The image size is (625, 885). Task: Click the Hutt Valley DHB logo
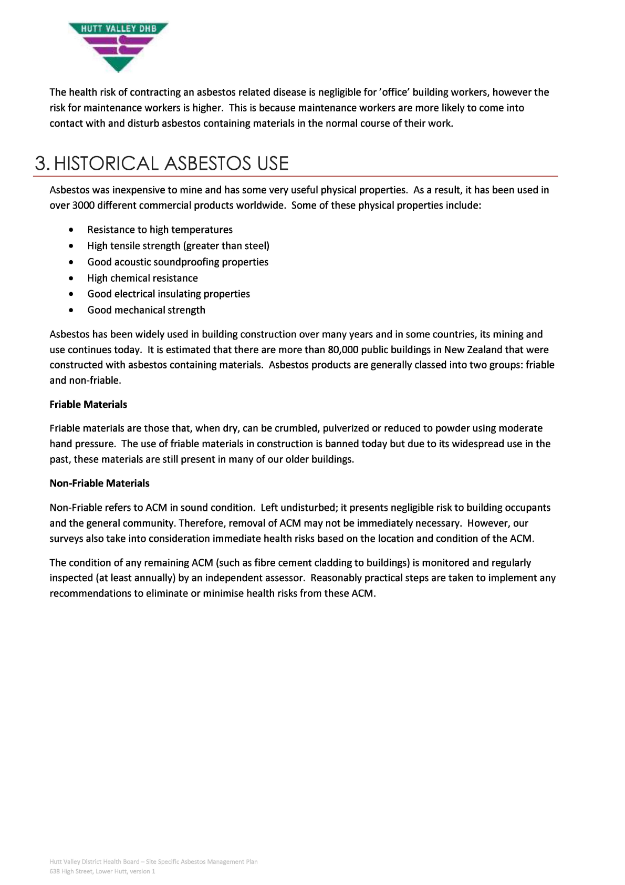pyautogui.click(x=118, y=46)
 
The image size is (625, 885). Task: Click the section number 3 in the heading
pyautogui.click(x=41, y=163)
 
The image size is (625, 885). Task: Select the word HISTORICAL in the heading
pyautogui.click(x=106, y=163)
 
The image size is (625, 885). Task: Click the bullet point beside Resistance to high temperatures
pyautogui.click(x=71, y=230)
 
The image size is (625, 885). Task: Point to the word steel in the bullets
pyautogui.click(x=256, y=246)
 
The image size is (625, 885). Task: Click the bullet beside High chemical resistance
pyautogui.click(x=71, y=279)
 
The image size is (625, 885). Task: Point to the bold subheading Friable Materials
pyautogui.click(x=88, y=405)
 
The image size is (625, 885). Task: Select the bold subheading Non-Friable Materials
pyautogui.click(x=99, y=483)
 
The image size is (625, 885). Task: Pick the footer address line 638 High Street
pyautogui.click(x=102, y=871)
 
